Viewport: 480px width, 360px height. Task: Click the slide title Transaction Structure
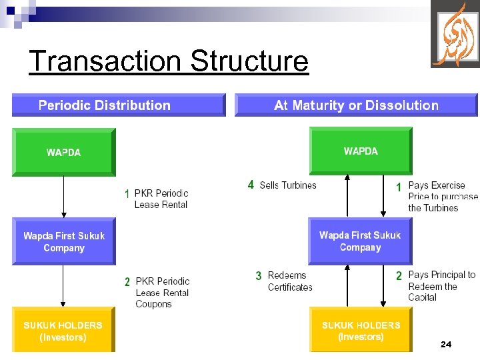click(169, 61)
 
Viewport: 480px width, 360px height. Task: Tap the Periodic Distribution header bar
click(118, 105)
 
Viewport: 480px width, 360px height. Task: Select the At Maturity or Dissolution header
click(356, 105)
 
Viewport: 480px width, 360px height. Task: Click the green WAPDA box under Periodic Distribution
click(64, 152)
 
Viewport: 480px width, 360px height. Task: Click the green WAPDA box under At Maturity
click(361, 151)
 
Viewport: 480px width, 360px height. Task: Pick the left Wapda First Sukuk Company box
click(64, 241)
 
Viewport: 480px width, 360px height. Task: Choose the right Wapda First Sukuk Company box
click(360, 241)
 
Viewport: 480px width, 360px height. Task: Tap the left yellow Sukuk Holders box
click(63, 331)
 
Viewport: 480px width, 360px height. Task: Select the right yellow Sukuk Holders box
click(361, 331)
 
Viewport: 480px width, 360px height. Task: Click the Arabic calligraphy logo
click(455, 35)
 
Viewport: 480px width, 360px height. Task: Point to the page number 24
click(446, 344)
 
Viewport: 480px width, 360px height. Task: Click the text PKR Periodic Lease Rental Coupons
click(162, 293)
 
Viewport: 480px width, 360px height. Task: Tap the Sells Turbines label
click(288, 185)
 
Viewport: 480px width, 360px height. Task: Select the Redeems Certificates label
click(290, 281)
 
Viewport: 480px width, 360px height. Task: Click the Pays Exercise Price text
click(442, 197)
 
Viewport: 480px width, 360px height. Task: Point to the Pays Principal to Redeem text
click(441, 285)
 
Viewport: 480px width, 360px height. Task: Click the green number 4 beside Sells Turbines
click(251, 185)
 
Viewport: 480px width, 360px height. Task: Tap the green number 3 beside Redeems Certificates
click(258, 276)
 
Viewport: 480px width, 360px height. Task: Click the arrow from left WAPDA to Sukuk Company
click(63, 197)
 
